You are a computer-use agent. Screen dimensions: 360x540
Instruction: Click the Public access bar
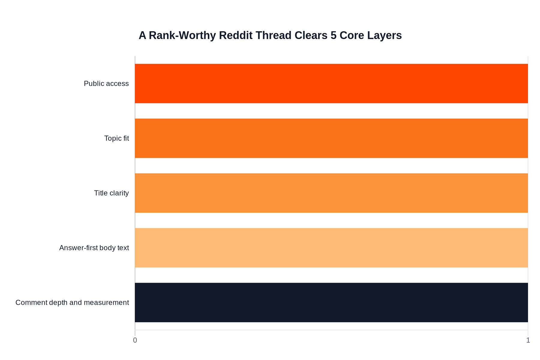[331, 83]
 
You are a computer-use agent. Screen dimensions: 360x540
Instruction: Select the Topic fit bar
[331, 138]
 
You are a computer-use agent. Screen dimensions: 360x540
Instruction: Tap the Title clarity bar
[331, 193]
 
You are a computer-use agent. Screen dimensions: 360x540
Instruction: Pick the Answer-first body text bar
[331, 248]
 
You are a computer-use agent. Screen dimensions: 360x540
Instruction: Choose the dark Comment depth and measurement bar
[331, 302]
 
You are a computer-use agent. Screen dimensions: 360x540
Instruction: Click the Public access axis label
[106, 84]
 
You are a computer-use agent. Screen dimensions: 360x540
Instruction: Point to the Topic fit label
[116, 138]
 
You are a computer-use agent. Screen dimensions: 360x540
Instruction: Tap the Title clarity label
[111, 193]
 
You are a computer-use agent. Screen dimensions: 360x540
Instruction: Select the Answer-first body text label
[94, 248]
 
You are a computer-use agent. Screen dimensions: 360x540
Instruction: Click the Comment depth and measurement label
[72, 303]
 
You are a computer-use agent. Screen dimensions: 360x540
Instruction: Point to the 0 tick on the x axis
[135, 340]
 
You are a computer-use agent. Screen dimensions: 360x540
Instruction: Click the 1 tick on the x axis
[528, 340]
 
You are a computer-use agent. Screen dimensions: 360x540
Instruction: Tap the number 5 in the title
[334, 35]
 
